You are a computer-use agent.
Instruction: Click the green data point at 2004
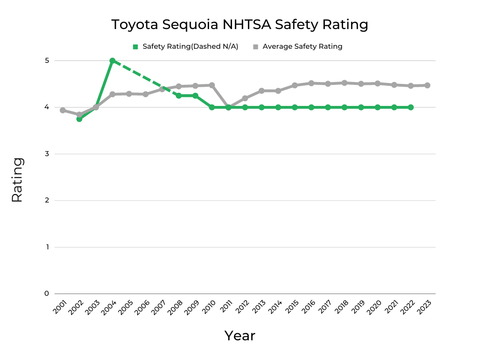click(112, 61)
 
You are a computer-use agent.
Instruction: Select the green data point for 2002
click(79, 119)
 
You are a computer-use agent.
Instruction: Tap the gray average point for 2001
click(63, 110)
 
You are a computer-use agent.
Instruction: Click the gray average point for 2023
click(427, 85)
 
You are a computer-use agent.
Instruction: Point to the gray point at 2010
click(212, 85)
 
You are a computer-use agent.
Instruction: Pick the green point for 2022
click(411, 107)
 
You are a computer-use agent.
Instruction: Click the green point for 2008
click(179, 96)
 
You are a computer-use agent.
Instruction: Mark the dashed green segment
click(145, 78)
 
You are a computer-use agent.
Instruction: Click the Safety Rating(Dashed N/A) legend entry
click(186, 46)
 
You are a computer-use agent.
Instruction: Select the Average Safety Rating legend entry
click(298, 46)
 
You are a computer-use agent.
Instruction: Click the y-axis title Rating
click(17, 180)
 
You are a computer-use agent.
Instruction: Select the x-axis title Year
click(240, 336)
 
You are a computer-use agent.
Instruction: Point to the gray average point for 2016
click(311, 83)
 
